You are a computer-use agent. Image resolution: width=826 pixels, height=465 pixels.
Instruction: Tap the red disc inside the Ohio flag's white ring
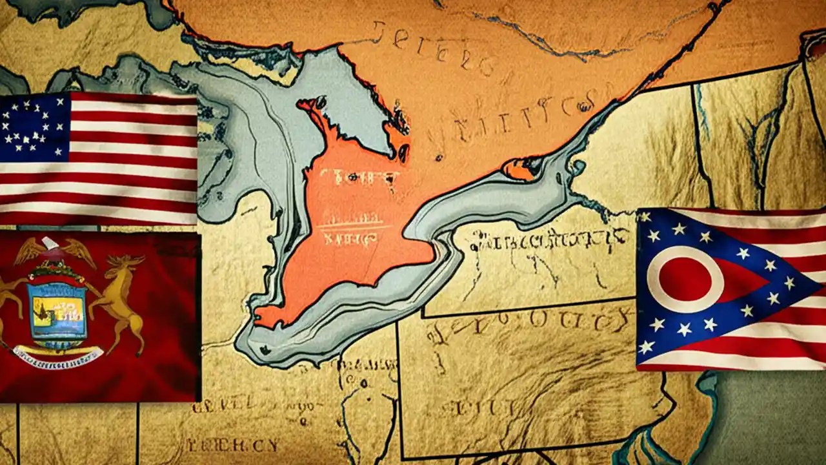[x=685, y=280]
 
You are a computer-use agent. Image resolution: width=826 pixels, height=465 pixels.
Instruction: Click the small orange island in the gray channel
[x=520, y=169]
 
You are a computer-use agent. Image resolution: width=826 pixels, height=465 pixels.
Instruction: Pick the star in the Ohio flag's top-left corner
[x=644, y=217]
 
